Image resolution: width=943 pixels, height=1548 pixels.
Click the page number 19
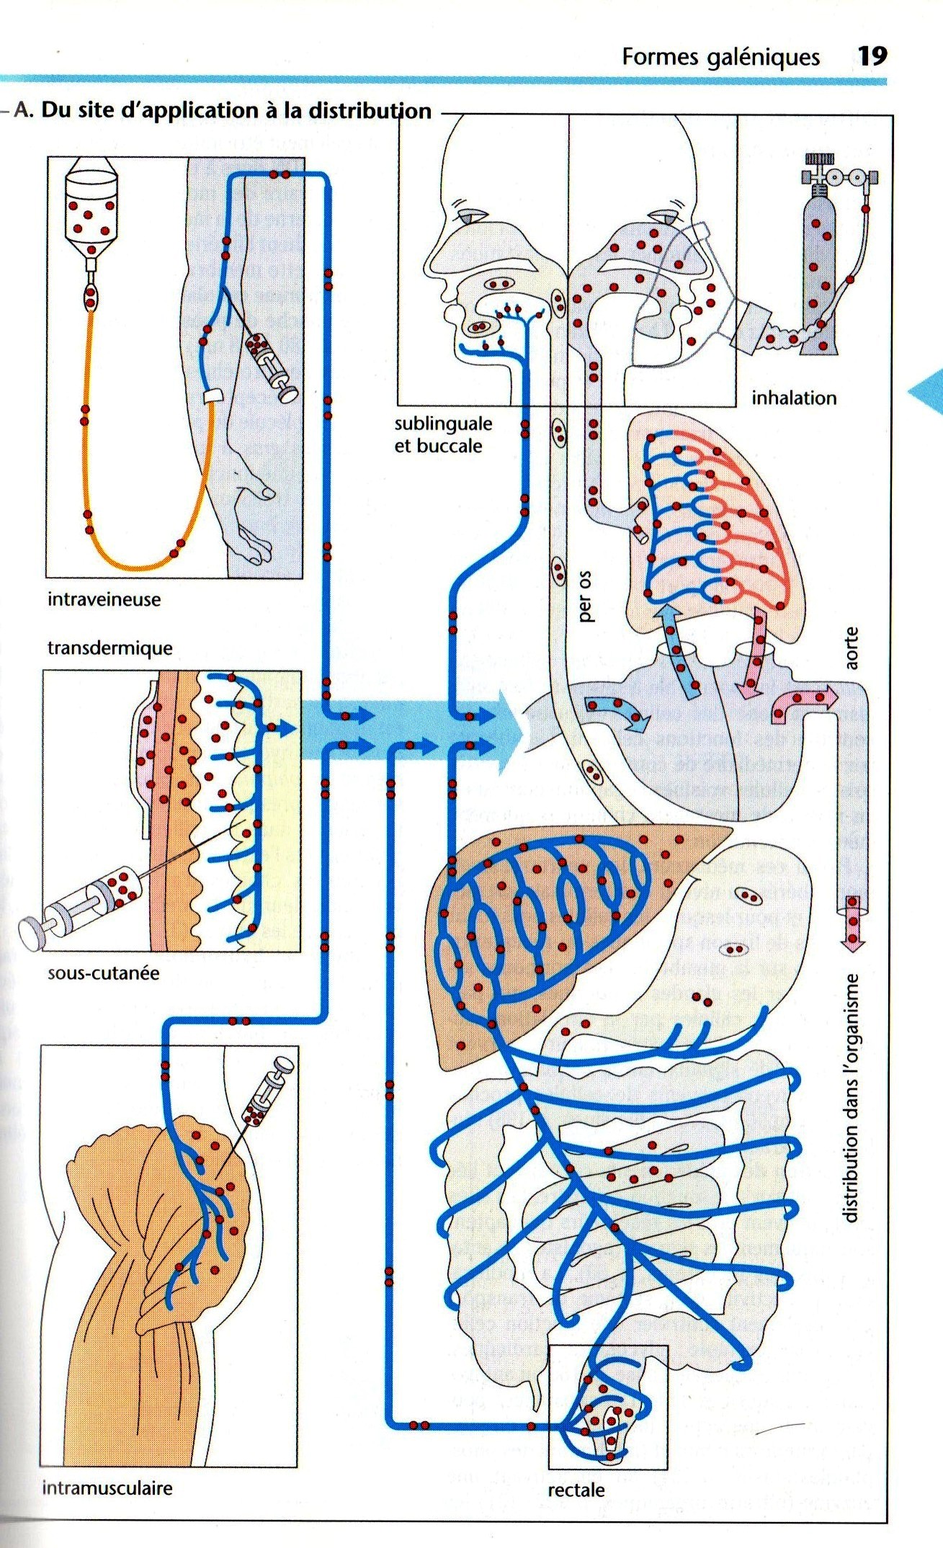click(x=872, y=56)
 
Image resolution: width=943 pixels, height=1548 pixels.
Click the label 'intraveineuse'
click(x=104, y=599)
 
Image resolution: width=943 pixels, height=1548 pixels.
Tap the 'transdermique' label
click(x=110, y=648)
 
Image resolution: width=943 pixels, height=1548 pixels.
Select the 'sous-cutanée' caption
click(x=103, y=973)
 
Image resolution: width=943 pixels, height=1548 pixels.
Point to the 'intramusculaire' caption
click(x=107, y=1487)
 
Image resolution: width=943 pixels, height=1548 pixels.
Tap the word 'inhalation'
click(x=794, y=398)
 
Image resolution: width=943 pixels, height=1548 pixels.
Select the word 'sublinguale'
click(x=443, y=424)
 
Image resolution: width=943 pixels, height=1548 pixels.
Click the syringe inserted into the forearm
click(x=271, y=366)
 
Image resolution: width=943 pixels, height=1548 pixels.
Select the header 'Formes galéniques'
click(x=720, y=57)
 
